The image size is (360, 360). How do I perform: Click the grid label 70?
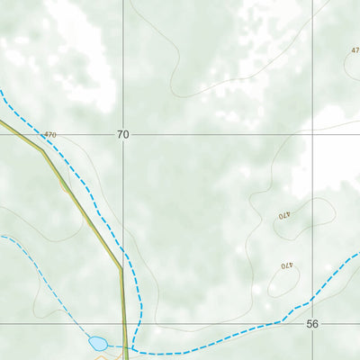(x=122, y=134)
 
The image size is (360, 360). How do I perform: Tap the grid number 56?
(x=312, y=323)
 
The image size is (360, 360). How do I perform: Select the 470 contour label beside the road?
(x=49, y=135)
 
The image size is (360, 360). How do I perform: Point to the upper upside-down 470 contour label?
(x=284, y=215)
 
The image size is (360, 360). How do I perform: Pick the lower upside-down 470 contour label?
(x=286, y=265)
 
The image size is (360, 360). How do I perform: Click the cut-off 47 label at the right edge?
(x=355, y=50)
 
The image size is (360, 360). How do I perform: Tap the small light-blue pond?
(x=97, y=343)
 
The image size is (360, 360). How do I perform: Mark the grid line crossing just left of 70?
(x=124, y=135)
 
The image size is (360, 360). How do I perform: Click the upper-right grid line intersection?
(x=313, y=135)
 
